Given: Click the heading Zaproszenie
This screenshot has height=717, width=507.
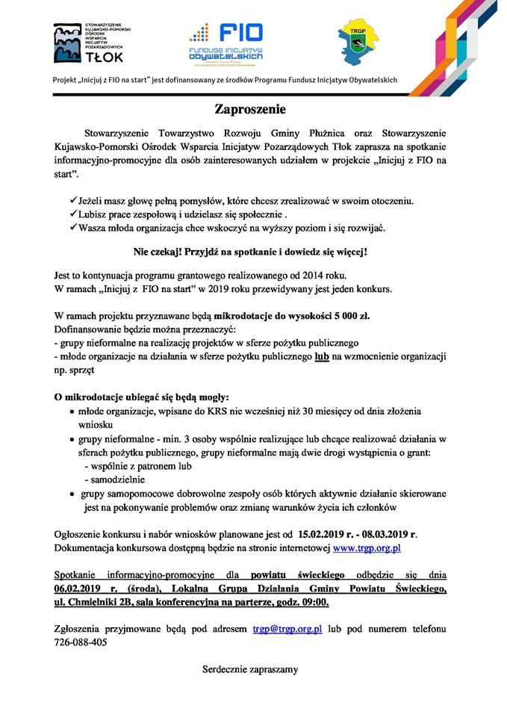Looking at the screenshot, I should pos(250,109).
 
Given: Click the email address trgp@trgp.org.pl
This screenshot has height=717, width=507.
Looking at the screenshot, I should pos(287,629).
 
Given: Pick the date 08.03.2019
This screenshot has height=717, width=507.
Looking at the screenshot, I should pos(386,534).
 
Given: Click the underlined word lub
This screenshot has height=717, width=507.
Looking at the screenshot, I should pos(323,357).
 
